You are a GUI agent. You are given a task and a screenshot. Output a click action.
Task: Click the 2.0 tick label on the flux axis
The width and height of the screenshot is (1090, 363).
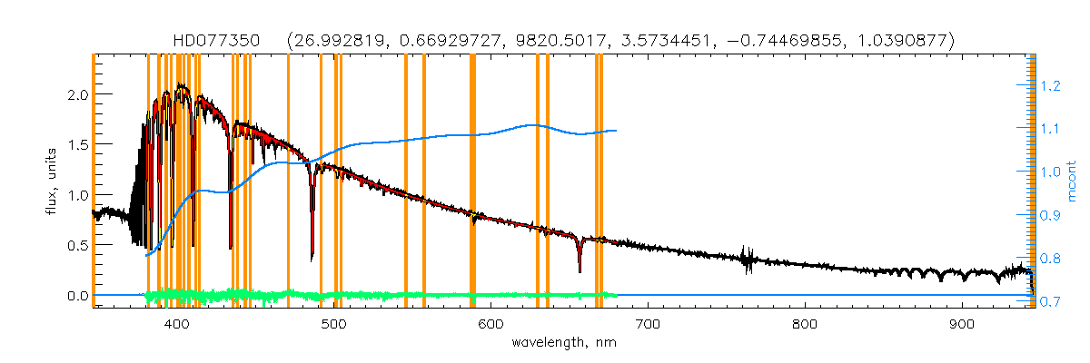coord(77,94)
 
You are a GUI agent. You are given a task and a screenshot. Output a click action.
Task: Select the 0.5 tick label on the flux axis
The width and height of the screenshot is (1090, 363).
coord(77,245)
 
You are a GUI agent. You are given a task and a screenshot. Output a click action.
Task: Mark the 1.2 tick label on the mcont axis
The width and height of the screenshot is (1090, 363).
coord(1050,86)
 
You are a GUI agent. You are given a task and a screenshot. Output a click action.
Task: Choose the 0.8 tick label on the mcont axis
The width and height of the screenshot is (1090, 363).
coord(1050,259)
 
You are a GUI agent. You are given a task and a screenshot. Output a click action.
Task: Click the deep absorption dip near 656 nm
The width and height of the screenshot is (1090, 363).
coord(580,268)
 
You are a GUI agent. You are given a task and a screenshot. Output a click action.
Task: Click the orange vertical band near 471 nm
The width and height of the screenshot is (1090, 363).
coord(288,181)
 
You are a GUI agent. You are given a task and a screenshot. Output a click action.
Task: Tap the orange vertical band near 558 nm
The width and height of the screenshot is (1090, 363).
coord(424,181)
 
